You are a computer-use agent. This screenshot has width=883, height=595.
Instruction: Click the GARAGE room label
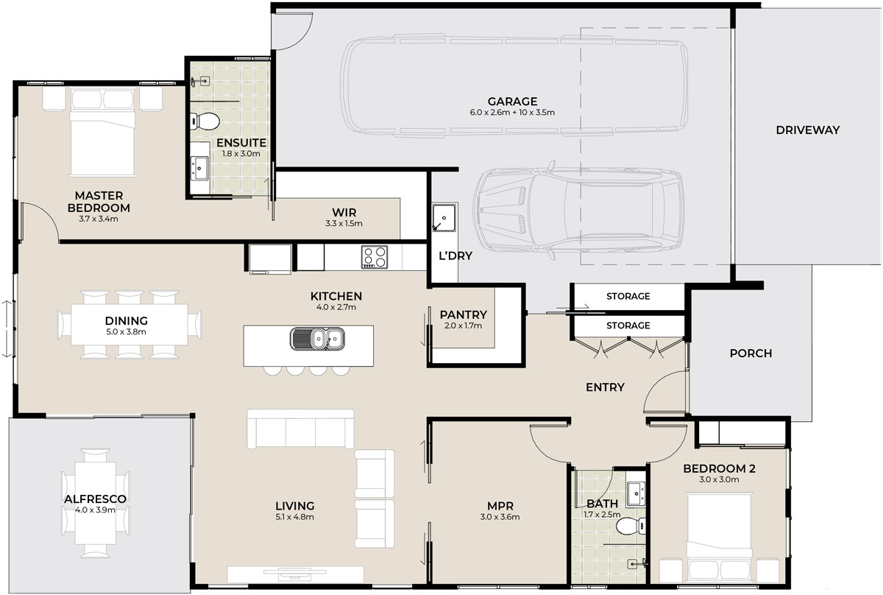click(512, 102)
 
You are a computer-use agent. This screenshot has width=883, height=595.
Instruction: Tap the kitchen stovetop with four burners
click(375, 257)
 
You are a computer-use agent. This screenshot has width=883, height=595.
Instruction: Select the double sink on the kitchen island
click(317, 339)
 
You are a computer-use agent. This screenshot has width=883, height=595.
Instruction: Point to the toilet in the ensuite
click(205, 121)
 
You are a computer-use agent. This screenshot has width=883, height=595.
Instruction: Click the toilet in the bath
click(631, 526)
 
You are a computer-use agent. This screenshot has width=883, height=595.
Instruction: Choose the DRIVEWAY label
click(808, 130)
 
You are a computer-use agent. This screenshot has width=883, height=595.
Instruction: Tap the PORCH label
click(751, 353)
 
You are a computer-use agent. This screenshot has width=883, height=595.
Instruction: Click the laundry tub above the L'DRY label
click(444, 217)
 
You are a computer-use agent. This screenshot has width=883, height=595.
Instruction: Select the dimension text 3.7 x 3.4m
click(98, 219)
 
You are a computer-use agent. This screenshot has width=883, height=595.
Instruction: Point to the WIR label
click(344, 212)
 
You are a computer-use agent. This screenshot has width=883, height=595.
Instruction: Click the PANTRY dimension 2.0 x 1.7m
click(463, 325)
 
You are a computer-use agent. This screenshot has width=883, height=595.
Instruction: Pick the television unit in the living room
click(295, 574)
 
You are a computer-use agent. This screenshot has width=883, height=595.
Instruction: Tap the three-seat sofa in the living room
click(300, 429)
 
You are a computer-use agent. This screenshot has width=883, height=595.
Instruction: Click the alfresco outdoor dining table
click(96, 503)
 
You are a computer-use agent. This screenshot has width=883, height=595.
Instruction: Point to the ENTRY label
click(605, 387)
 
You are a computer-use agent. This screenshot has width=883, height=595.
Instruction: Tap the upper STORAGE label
click(628, 296)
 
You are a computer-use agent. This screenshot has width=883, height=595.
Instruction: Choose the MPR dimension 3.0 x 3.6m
click(500, 516)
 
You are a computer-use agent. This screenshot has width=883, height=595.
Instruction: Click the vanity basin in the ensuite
click(199, 168)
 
